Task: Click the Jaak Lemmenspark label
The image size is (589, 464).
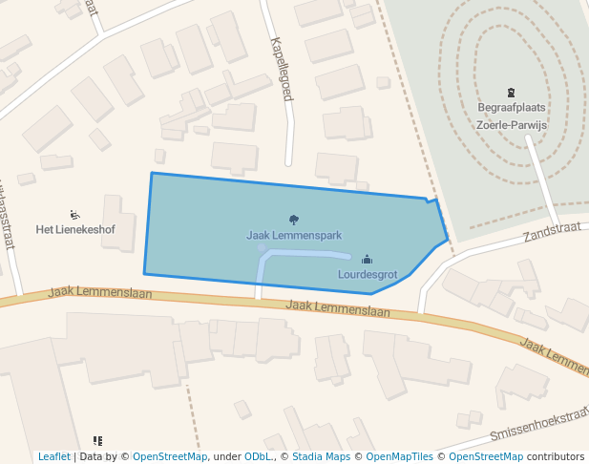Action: tap(294, 235)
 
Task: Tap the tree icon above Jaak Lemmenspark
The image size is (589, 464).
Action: tap(294, 221)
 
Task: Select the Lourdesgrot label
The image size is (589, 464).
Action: tap(368, 274)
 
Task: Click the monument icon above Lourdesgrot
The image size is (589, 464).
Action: tap(368, 260)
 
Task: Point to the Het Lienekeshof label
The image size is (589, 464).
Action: tap(75, 229)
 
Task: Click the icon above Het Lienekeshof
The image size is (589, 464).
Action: tap(75, 215)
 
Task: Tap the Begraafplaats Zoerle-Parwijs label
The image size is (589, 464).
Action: tap(511, 116)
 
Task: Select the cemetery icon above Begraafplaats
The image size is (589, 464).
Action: tap(511, 94)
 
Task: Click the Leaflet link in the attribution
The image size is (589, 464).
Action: tap(54, 456)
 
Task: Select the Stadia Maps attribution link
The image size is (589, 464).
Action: tap(322, 456)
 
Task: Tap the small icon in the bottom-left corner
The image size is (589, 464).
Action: tap(97, 441)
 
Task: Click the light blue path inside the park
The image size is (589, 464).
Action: tap(305, 253)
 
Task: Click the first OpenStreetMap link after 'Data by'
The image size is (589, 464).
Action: tap(169, 456)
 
